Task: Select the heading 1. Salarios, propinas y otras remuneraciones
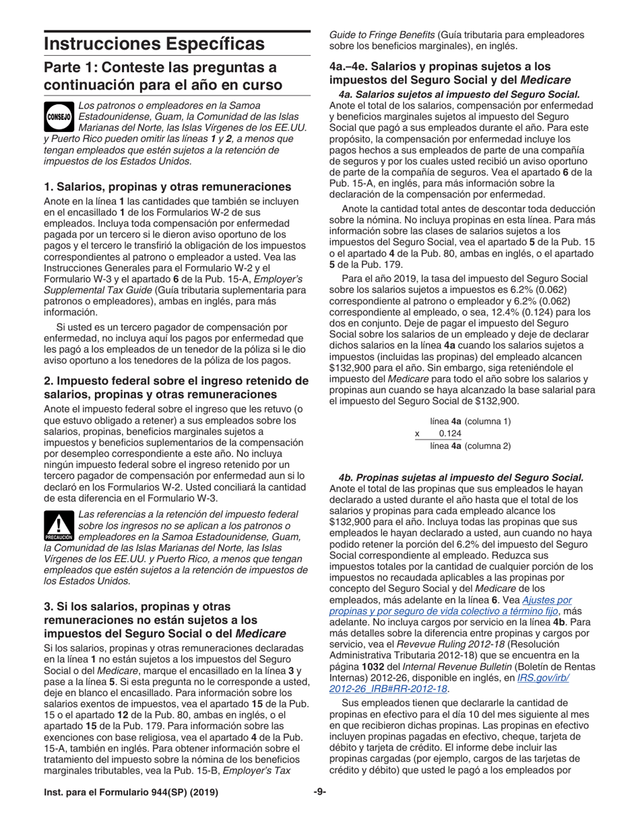click(x=168, y=186)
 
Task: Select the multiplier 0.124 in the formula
click(x=450, y=434)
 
